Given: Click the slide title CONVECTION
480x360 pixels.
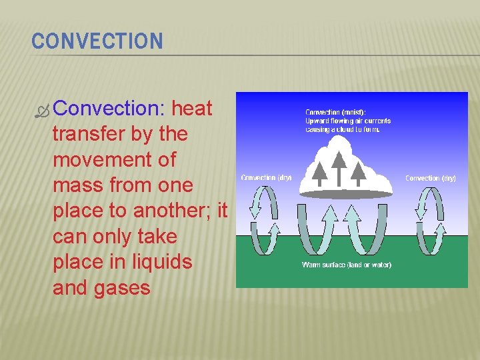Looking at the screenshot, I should coord(97,41).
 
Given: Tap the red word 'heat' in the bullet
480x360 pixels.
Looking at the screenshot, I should coord(192,109).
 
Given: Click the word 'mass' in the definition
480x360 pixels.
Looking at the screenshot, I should coord(74,185).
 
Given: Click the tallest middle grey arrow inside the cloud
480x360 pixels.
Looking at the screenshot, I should coord(339,167).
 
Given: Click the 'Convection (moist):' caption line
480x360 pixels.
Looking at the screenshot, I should coord(335,112).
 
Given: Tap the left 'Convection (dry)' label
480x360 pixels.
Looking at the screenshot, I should coord(266,177).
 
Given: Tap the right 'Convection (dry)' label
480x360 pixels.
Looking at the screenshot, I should coord(430,178).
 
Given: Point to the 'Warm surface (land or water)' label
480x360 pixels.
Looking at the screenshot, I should coord(346,265).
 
